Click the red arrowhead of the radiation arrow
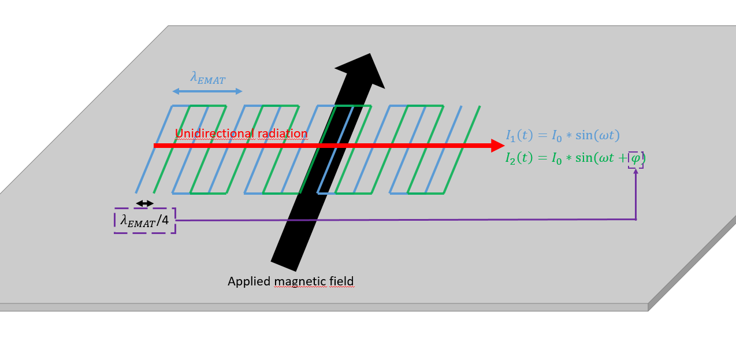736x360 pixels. pyautogui.click(x=498, y=146)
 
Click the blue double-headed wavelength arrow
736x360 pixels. pyautogui.click(x=207, y=91)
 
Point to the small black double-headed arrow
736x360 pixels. pyautogui.click(x=144, y=203)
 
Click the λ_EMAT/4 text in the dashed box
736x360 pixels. pyautogui.click(x=144, y=220)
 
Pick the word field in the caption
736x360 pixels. pyautogui.click(x=341, y=281)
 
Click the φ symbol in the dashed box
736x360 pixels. pyautogui.click(x=635, y=158)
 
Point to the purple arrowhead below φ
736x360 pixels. pyautogui.click(x=635, y=171)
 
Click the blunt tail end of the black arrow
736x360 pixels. pyautogui.click(x=284, y=263)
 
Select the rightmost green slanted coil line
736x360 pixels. pyautogui.click(x=462, y=150)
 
